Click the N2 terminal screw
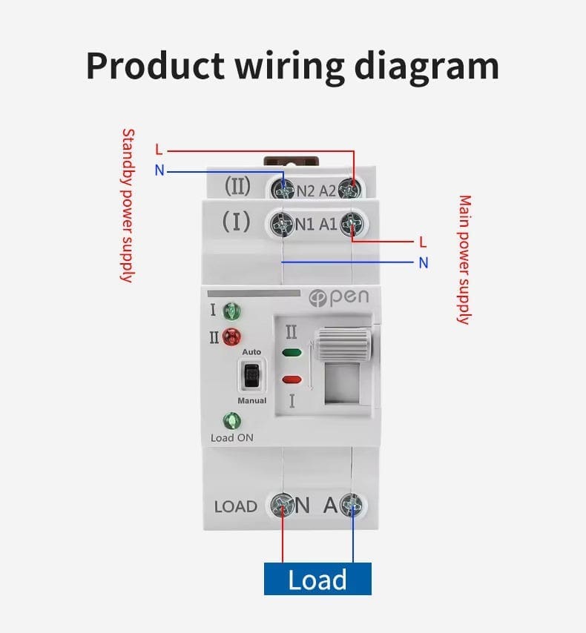point(283,188)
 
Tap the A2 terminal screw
point(349,188)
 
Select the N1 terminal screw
point(283,223)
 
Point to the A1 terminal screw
point(351,224)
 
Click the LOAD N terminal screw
point(282,505)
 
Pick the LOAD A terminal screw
point(351,505)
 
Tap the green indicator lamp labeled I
point(232,311)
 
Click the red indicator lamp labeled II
point(232,337)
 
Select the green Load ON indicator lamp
point(232,421)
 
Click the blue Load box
point(317,578)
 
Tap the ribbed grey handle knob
point(344,345)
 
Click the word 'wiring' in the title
point(290,67)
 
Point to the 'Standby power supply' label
point(128,205)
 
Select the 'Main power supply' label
point(464,259)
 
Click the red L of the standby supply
point(159,150)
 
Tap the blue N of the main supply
point(423,263)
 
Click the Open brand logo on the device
point(339,297)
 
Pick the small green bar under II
point(292,352)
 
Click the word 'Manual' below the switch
point(251,400)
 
